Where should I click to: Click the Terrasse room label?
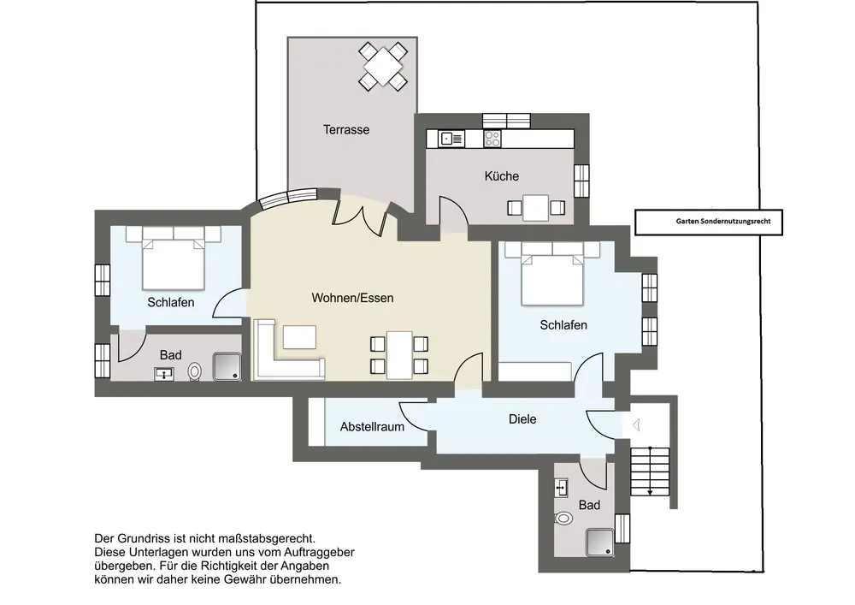coord(346,130)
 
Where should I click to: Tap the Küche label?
coord(502,176)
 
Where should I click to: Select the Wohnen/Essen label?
coord(352,298)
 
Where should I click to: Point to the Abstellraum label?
coord(373,427)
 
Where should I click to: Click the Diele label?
coord(522,419)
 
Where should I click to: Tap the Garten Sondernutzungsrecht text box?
coord(709,222)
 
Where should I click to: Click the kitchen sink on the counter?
coord(452,139)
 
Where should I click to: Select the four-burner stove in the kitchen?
coord(492,139)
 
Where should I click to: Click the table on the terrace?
coord(383,66)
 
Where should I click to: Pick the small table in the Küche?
coord(535,208)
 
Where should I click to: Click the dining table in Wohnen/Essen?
coord(399,354)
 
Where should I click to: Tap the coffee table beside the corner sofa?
coord(299,337)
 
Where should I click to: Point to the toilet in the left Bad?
coord(195,372)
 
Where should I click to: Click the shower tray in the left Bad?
coord(227,367)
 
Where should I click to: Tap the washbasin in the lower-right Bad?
coord(561,487)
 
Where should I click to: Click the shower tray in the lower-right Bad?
coord(600,543)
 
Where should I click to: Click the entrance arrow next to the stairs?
coord(635,424)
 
